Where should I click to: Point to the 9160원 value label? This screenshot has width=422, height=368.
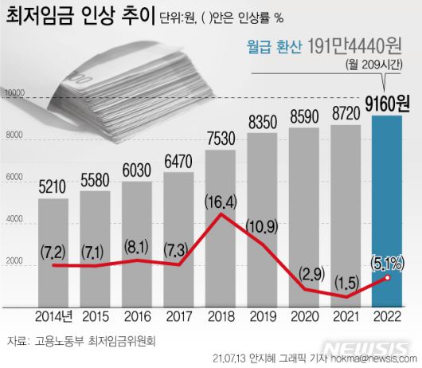[388, 104]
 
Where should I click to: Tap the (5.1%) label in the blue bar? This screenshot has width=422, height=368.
[388, 260]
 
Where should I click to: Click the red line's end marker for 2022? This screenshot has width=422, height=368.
[388, 278]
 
